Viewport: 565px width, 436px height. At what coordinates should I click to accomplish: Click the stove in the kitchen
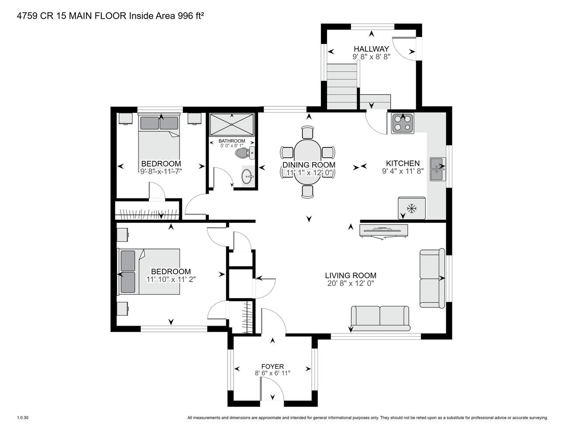pyautogui.click(x=403, y=123)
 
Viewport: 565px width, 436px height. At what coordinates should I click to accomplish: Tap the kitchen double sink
pyautogui.click(x=438, y=169)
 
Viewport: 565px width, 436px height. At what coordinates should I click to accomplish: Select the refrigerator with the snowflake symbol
pyautogui.click(x=412, y=208)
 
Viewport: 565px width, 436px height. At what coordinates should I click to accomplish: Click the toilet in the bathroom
pyautogui.click(x=245, y=153)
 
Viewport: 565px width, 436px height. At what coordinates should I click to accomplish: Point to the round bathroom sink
pyautogui.click(x=247, y=177)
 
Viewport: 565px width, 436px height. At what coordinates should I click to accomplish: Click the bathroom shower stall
pyautogui.click(x=232, y=125)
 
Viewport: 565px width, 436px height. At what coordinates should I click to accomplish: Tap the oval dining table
pyautogui.click(x=307, y=163)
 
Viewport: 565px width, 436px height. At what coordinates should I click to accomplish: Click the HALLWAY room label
pyautogui.click(x=371, y=49)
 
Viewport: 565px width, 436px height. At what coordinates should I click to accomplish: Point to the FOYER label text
pyautogui.click(x=272, y=366)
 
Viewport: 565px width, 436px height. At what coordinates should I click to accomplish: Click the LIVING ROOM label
pyautogui.click(x=351, y=276)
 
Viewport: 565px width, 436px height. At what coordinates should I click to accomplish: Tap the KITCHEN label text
pyautogui.click(x=403, y=163)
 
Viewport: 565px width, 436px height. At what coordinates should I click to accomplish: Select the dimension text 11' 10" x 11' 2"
pyautogui.click(x=171, y=279)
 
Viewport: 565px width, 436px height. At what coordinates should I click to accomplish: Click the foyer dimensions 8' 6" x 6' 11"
pyautogui.click(x=272, y=373)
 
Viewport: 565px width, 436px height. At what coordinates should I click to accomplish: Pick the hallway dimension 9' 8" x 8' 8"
pyautogui.click(x=371, y=57)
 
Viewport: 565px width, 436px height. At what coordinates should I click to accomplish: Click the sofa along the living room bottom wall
pyautogui.click(x=380, y=318)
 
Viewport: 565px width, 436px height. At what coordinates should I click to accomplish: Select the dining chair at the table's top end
pyautogui.click(x=307, y=133)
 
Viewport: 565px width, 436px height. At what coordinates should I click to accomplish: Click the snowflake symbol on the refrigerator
pyautogui.click(x=412, y=208)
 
